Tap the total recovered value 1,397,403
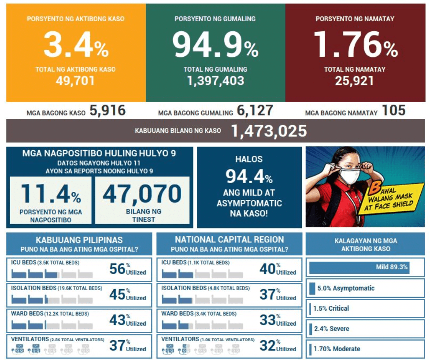coord(215,81)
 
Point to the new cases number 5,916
coord(107,111)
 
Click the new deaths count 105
coord(393,111)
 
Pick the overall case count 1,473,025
coord(269,131)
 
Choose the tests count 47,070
coord(142,193)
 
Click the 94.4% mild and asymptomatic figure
coord(249,176)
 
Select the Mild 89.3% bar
coord(359,267)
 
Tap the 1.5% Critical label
coord(331,309)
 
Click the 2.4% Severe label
coord(331,329)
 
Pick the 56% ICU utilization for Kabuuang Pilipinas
coord(118,268)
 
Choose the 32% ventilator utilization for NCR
coord(267,345)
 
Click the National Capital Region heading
coord(229,240)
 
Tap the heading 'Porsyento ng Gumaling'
coord(215,19)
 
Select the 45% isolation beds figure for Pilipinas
coord(118,294)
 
